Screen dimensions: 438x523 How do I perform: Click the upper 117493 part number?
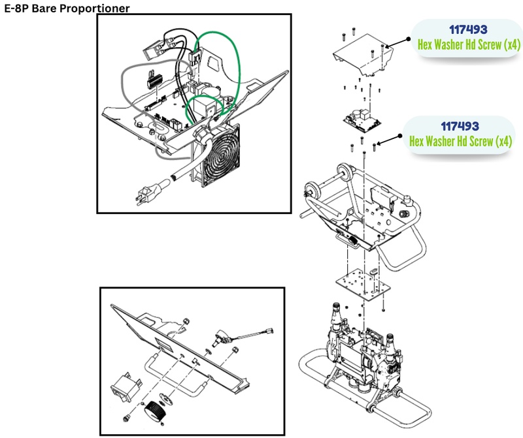[468, 30]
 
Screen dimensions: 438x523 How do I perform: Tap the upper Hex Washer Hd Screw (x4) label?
[468, 45]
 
